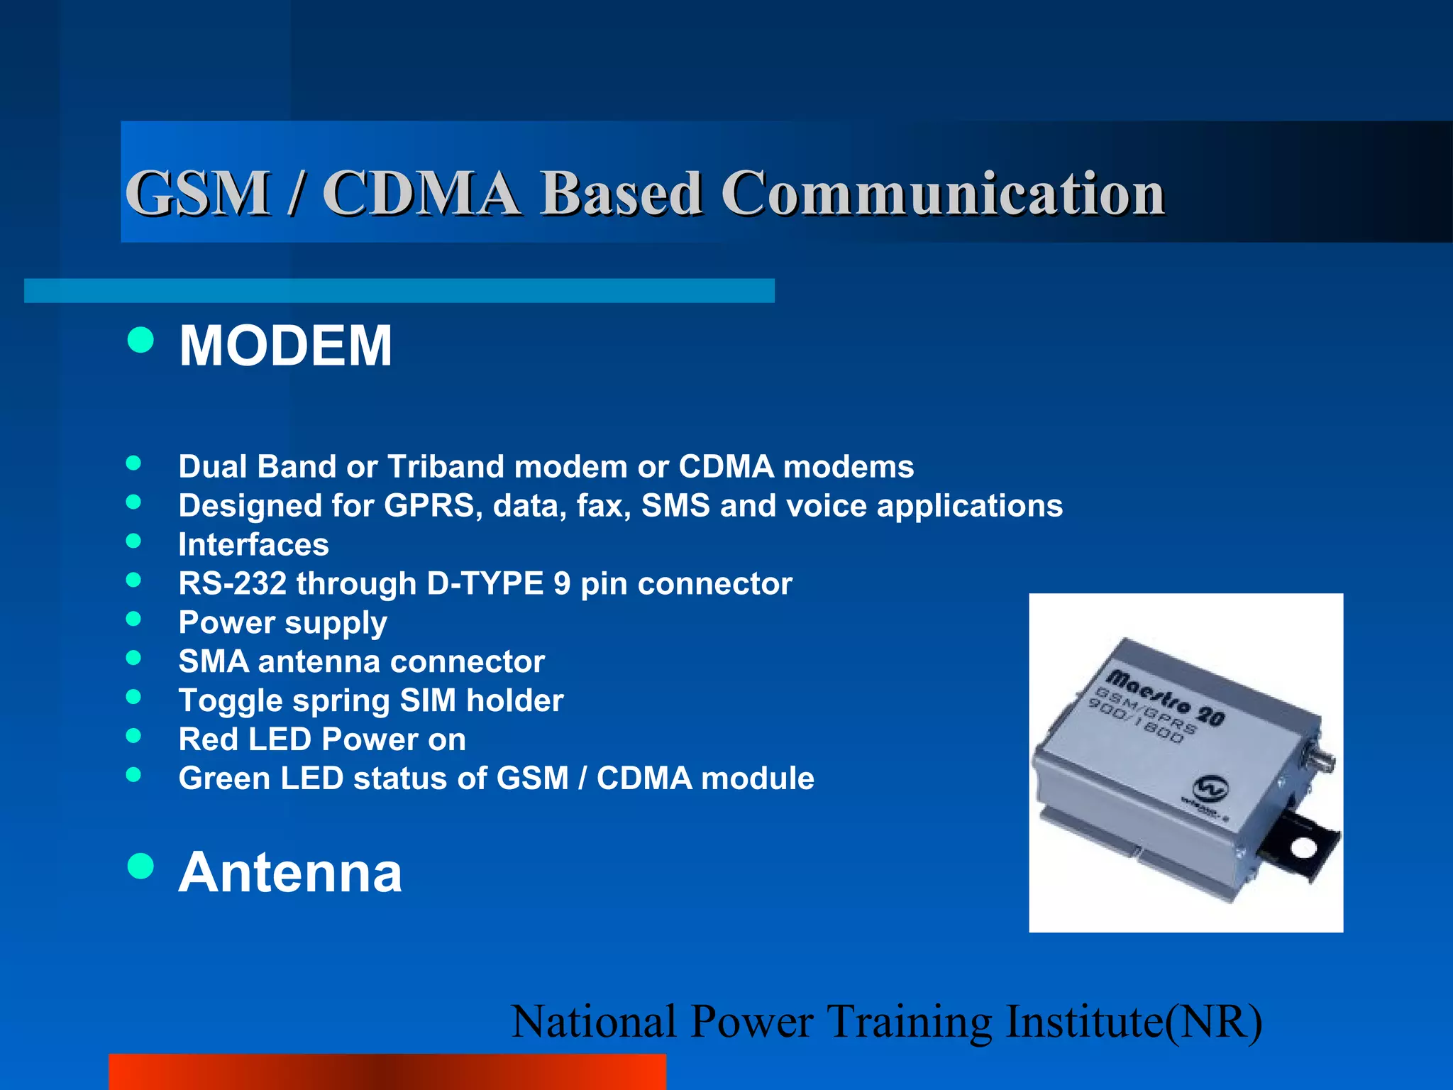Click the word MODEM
pyautogui.click(x=285, y=346)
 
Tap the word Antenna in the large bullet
pyautogui.click(x=289, y=872)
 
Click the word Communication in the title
pyautogui.click(x=943, y=193)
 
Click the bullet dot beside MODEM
pyautogui.click(x=140, y=339)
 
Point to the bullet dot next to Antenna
pyautogui.click(x=140, y=866)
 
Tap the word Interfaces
pyautogui.click(x=253, y=545)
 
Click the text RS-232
pyautogui.click(x=232, y=584)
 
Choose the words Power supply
pyautogui.click(x=282, y=623)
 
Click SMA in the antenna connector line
pyautogui.click(x=214, y=662)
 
